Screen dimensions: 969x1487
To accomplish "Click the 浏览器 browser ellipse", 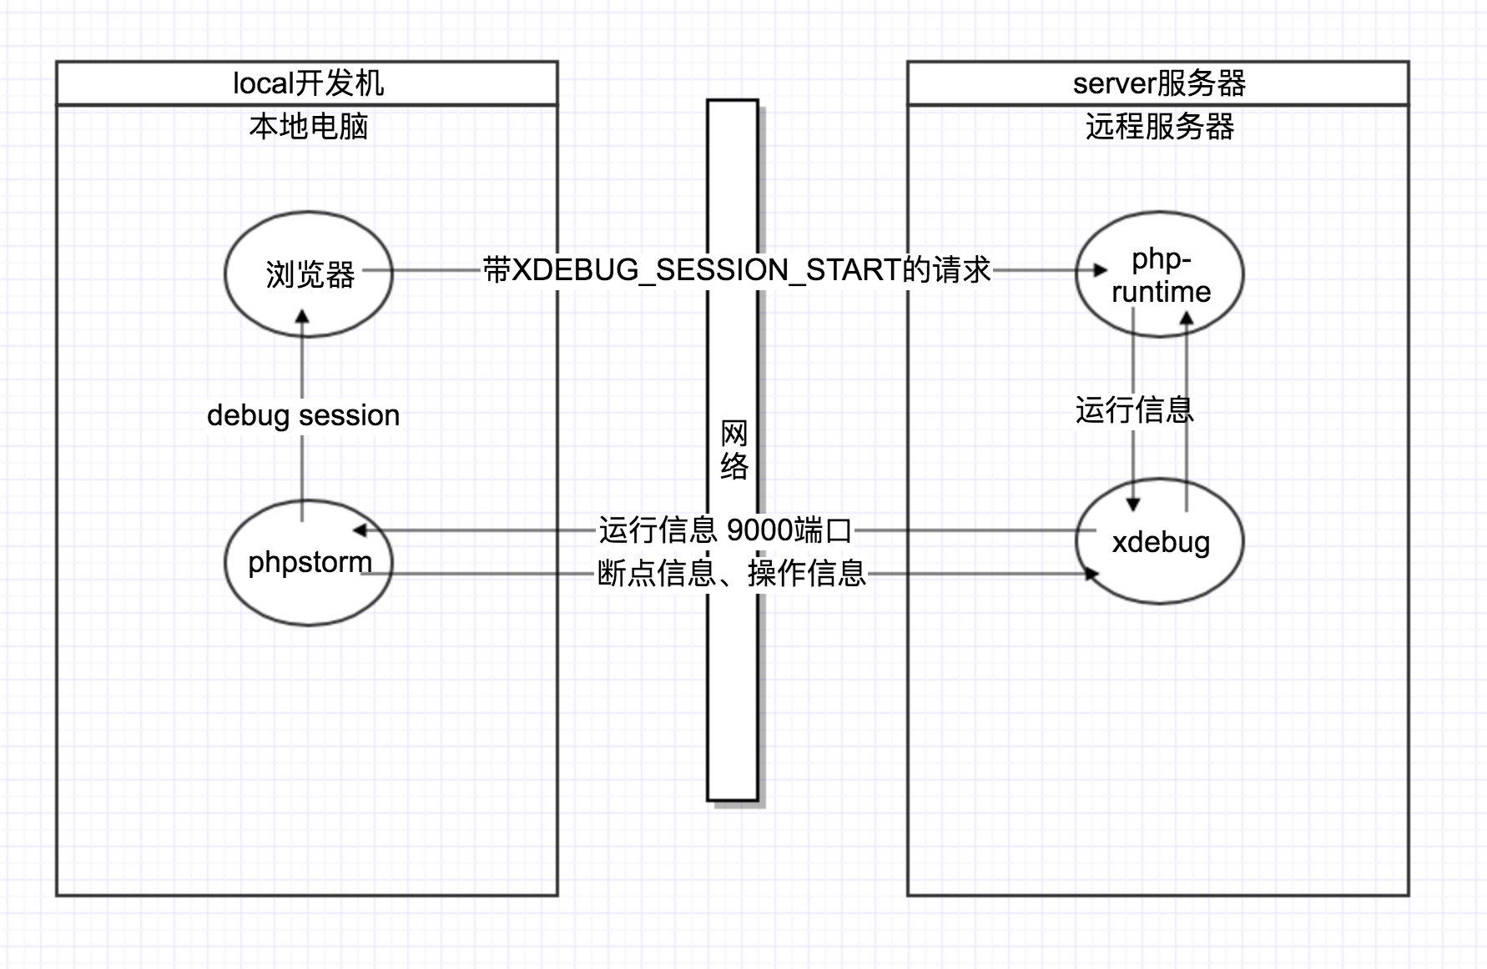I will pyautogui.click(x=309, y=274).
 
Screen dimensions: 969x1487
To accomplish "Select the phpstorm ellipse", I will pyautogui.click(x=309, y=563).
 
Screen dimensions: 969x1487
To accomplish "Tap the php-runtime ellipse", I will pyautogui.click(x=1160, y=274).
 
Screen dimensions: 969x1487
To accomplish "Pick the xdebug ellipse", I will pyautogui.click(x=1160, y=542).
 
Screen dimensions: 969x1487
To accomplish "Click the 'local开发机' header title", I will pyautogui.click(x=308, y=83).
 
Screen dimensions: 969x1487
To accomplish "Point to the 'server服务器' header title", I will pyautogui.click(x=1159, y=83).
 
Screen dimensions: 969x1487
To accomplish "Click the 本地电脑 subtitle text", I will pyautogui.click(x=309, y=127).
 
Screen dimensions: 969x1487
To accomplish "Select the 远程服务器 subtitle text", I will pyautogui.click(x=1160, y=127).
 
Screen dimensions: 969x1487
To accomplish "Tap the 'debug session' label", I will pyautogui.click(x=303, y=415).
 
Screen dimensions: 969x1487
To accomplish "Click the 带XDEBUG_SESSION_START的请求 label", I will pyautogui.click(x=737, y=270).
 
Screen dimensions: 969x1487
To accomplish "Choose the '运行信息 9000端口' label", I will pyautogui.click(x=724, y=530).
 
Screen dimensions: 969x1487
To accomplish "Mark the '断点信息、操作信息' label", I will pyautogui.click(x=731, y=574).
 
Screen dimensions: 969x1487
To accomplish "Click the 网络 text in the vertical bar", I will pyautogui.click(x=733, y=450).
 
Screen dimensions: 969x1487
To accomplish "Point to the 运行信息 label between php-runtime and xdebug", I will pyautogui.click(x=1134, y=409).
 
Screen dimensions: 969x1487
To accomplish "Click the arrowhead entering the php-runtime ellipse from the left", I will pyautogui.click(x=1101, y=270).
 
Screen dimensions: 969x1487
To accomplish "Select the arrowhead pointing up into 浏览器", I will pyautogui.click(x=303, y=318).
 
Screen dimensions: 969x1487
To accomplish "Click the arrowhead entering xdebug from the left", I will pyautogui.click(x=1091, y=574).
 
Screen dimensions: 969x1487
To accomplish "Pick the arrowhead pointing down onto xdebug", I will pyautogui.click(x=1133, y=504).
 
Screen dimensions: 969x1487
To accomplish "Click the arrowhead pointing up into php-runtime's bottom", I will pyautogui.click(x=1187, y=318).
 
